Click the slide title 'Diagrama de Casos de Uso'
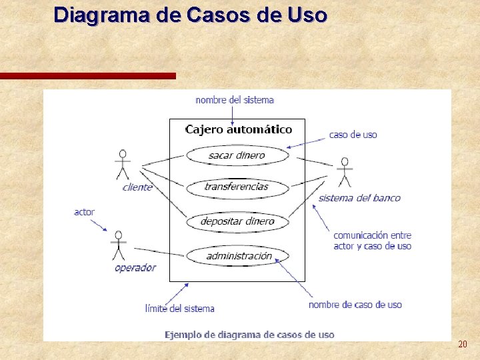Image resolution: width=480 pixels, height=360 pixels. (x=190, y=15)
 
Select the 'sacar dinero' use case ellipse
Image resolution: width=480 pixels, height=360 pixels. (x=237, y=155)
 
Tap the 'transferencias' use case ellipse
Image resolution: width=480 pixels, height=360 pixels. (x=237, y=187)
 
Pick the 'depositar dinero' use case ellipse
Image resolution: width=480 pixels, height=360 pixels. (x=237, y=221)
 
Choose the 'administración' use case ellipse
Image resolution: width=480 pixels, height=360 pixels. (x=238, y=256)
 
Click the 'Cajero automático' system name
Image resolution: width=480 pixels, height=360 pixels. (x=238, y=129)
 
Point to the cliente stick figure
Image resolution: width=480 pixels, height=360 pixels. (x=122, y=165)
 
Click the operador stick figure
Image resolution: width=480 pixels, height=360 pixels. (x=119, y=246)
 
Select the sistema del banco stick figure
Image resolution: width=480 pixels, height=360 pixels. (x=344, y=173)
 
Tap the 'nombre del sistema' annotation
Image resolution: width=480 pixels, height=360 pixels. (x=235, y=100)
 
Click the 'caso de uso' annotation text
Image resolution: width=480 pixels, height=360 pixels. (x=353, y=135)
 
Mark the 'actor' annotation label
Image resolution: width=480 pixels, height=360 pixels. (x=84, y=212)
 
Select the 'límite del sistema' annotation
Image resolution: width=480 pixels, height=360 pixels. (x=180, y=309)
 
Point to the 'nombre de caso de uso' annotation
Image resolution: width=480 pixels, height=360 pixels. (x=355, y=305)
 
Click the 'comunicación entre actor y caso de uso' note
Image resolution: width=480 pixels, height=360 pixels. (x=372, y=241)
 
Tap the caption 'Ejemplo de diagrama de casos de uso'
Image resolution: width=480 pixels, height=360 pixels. (x=249, y=335)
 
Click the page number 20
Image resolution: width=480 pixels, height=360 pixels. (x=462, y=344)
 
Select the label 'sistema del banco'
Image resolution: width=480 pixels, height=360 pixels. (x=359, y=198)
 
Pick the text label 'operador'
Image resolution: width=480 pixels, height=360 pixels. (x=135, y=268)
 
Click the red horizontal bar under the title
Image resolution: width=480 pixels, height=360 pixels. (x=88, y=76)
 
